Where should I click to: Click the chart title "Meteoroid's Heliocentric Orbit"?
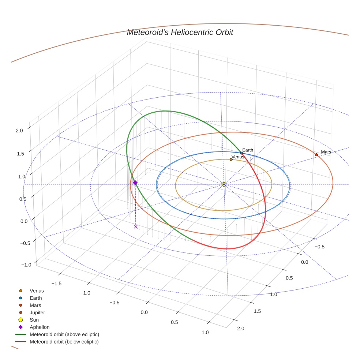(x=180, y=33)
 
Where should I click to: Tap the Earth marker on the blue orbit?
(x=241, y=153)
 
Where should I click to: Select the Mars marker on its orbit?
(x=316, y=155)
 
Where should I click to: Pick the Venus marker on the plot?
(x=231, y=160)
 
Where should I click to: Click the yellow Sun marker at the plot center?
(x=224, y=184)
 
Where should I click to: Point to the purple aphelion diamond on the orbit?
(x=135, y=183)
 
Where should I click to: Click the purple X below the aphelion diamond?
(x=136, y=226)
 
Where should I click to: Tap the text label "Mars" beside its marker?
(x=326, y=152)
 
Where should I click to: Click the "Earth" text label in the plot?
(x=248, y=150)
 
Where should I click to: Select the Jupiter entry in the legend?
(x=37, y=312)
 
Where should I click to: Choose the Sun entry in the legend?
(x=34, y=320)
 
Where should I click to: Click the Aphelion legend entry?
(x=39, y=327)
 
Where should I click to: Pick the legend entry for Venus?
(x=37, y=291)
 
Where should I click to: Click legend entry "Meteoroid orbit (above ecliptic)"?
(x=64, y=334)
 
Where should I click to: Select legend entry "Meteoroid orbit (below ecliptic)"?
(x=64, y=342)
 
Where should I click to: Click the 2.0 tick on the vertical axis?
(x=19, y=130)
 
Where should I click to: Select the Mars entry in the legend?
(x=35, y=305)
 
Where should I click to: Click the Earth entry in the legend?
(x=35, y=298)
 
